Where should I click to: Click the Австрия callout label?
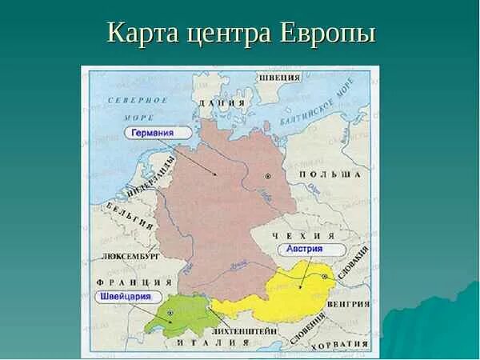304,249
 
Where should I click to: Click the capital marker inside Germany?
269,175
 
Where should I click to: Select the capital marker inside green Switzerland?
170,311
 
